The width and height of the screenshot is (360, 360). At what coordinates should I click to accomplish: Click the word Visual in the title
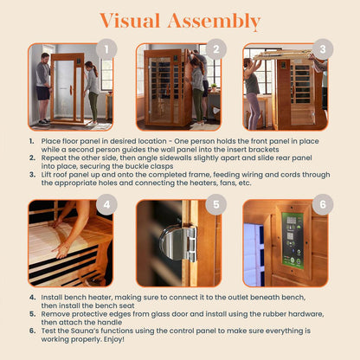pos(132,21)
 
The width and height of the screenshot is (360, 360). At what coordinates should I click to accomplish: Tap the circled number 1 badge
pos(106,48)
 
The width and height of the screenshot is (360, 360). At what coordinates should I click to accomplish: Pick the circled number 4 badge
pos(106,206)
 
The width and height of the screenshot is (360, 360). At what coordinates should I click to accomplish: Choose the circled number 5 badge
pos(214,206)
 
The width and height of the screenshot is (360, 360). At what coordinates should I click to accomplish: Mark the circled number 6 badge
pos(321,206)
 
